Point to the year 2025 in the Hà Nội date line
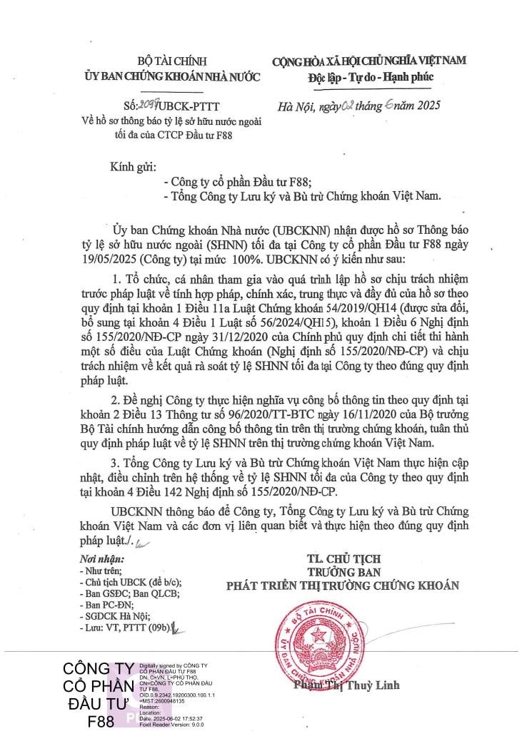421,106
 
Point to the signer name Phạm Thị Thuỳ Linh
346,685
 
